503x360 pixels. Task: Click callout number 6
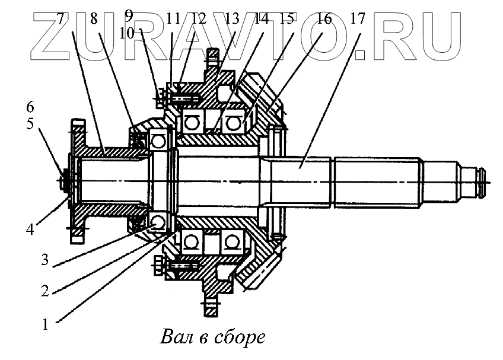pyautogui.click(x=30, y=107)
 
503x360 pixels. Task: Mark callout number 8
pyautogui.click(x=93, y=18)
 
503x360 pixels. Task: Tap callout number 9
pyautogui.click(x=129, y=12)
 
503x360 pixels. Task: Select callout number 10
pyautogui.click(x=126, y=32)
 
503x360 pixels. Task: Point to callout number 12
pyautogui.click(x=199, y=18)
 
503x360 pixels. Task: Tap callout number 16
pyautogui.click(x=324, y=18)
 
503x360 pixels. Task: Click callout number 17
pyautogui.click(x=358, y=18)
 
